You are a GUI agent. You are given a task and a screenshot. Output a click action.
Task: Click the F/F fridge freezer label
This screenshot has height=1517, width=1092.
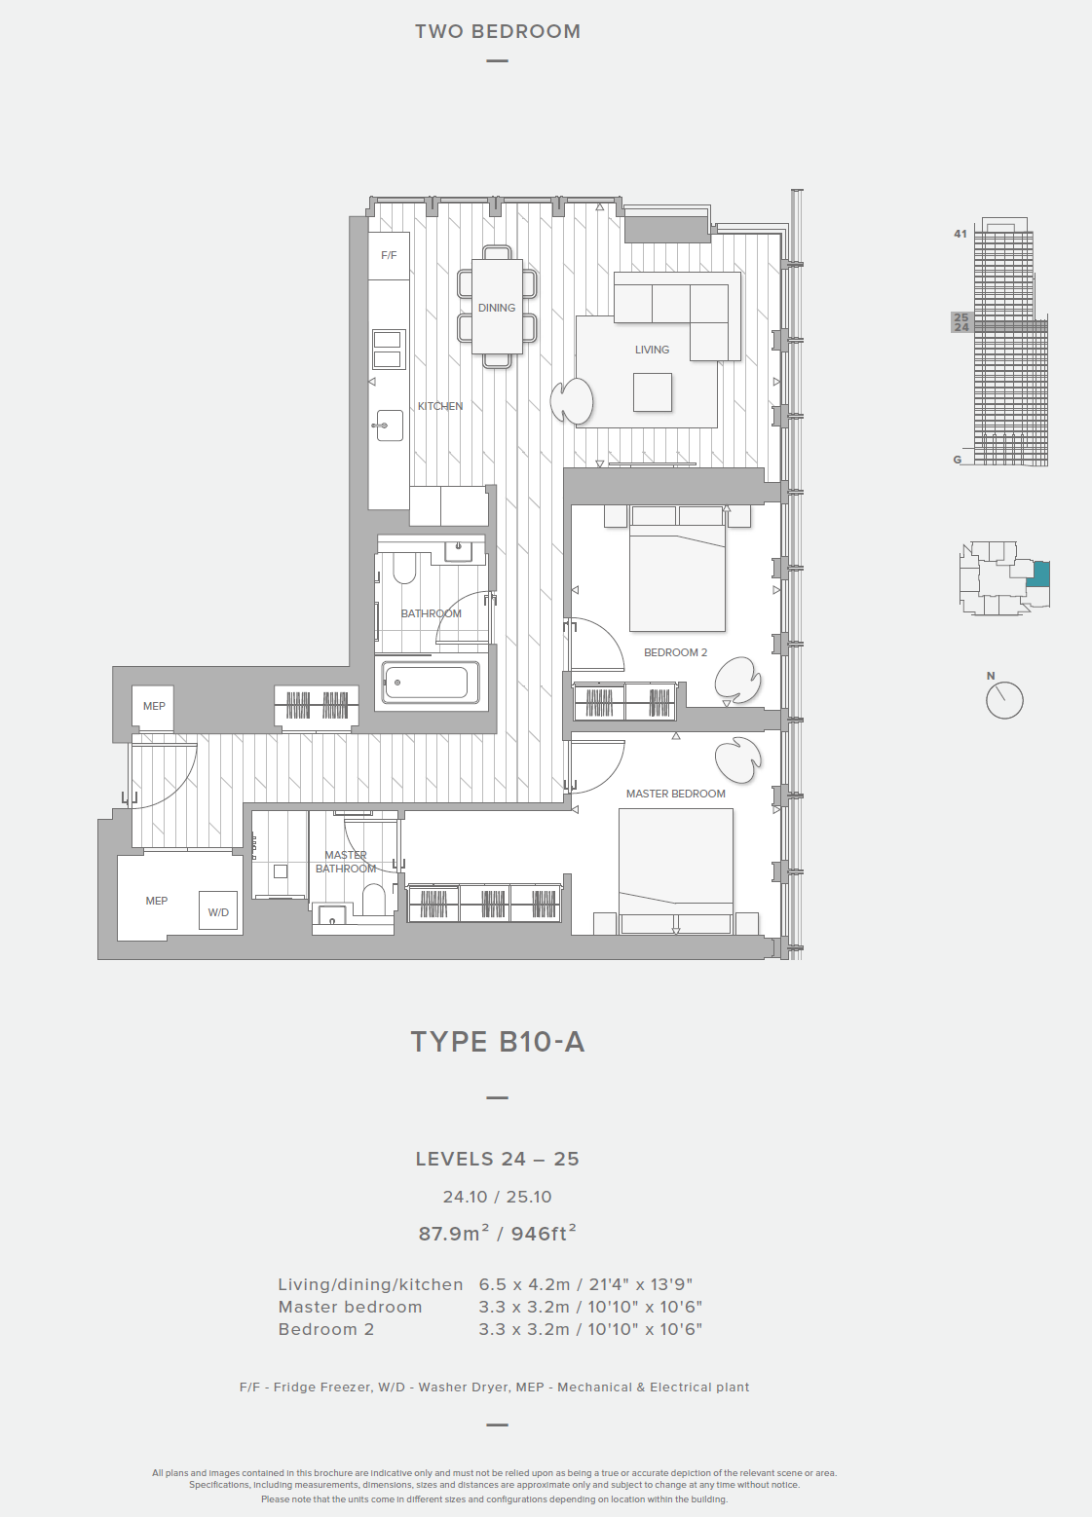click(x=389, y=255)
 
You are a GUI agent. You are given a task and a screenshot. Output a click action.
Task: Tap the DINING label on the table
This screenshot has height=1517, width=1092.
click(x=497, y=308)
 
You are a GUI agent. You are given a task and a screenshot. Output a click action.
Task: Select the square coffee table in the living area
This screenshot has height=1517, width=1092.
click(x=653, y=392)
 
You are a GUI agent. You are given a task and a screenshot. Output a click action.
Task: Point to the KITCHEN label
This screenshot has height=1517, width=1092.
click(x=440, y=406)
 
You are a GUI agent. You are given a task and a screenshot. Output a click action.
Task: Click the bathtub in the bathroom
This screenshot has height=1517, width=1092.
click(x=431, y=682)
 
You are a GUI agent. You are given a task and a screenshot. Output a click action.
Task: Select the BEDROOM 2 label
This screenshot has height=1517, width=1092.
click(x=675, y=652)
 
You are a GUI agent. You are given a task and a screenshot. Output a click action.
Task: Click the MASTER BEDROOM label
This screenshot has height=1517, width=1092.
click(x=675, y=794)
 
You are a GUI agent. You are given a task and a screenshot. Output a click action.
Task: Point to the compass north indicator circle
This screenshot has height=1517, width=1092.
click(x=1004, y=699)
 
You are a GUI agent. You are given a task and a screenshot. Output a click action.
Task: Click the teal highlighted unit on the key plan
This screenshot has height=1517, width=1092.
click(x=1038, y=574)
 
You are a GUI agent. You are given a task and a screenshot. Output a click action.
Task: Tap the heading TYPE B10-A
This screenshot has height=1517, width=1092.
click(x=497, y=1042)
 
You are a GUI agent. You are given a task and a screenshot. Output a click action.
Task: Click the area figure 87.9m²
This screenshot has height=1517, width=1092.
click(x=454, y=1234)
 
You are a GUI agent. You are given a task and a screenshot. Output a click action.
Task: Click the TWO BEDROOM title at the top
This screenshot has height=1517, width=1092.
click(x=498, y=32)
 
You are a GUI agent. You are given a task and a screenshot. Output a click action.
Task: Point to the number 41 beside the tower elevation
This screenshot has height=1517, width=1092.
click(x=960, y=234)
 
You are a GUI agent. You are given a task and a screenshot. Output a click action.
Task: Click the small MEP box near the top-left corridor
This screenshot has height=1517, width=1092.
click(x=154, y=707)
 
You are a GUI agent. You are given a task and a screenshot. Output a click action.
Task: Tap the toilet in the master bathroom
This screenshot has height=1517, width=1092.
click(x=373, y=901)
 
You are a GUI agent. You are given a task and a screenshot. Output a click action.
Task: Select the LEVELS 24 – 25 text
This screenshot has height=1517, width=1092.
click(x=497, y=1160)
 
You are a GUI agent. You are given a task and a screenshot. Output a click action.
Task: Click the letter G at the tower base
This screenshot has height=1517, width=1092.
click(x=958, y=460)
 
